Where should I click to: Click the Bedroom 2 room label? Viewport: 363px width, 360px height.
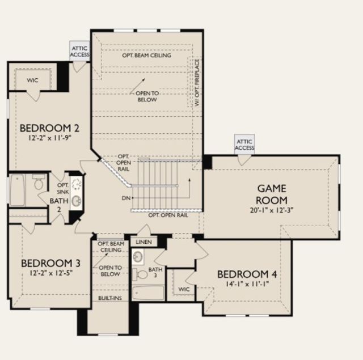click(49, 128)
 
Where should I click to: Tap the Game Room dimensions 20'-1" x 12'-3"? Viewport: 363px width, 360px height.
click(272, 210)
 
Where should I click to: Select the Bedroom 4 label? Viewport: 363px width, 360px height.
click(247, 274)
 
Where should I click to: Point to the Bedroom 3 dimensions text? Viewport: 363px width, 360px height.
click(51, 273)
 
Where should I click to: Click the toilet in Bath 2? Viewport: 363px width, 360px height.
click(39, 182)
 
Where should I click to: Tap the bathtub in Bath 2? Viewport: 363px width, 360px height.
click(18, 190)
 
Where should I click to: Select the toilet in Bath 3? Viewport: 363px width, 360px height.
click(140, 274)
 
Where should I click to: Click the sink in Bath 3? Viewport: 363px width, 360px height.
click(138, 257)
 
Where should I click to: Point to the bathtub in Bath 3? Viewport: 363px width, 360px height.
click(148, 293)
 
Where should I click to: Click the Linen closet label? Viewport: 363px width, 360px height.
click(143, 242)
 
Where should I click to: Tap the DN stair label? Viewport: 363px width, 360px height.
click(126, 198)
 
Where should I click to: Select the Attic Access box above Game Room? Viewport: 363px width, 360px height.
click(244, 145)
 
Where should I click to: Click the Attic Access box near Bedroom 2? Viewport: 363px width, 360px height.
click(79, 51)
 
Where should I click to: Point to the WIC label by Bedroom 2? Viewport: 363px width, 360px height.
click(32, 81)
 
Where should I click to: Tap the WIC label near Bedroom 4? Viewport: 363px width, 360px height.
click(184, 289)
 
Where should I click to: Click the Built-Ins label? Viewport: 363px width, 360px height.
click(110, 298)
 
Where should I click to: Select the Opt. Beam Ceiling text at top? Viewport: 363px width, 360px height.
click(147, 56)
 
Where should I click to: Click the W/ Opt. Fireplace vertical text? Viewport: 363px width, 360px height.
click(197, 83)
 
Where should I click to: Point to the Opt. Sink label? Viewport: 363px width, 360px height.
click(63, 188)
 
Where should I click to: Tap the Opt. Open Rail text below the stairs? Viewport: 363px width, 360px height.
click(168, 215)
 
